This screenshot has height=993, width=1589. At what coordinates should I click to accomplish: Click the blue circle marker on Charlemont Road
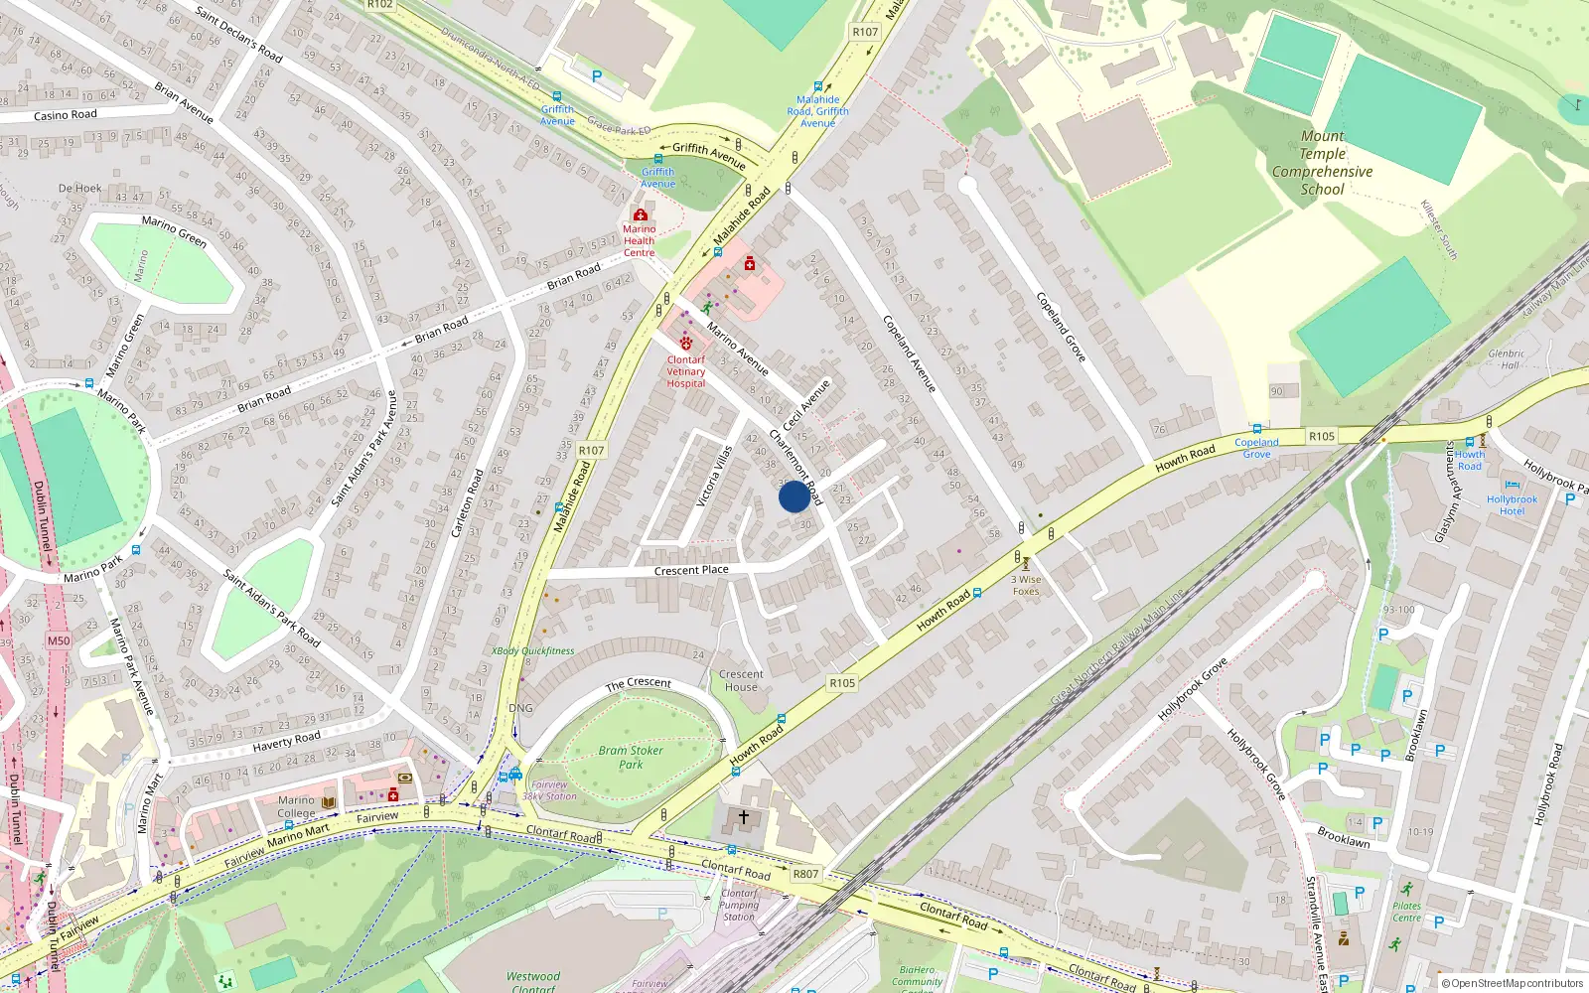click(x=794, y=496)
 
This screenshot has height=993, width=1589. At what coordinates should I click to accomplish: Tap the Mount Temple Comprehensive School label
click(x=1322, y=163)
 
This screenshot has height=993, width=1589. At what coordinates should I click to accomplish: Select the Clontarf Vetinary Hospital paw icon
click(x=685, y=343)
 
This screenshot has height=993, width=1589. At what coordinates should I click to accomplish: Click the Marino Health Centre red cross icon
click(x=640, y=214)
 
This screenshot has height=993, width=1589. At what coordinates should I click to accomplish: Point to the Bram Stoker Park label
click(x=630, y=757)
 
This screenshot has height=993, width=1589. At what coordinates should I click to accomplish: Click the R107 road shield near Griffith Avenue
click(x=865, y=32)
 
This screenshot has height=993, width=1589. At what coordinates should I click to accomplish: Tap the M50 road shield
click(x=59, y=640)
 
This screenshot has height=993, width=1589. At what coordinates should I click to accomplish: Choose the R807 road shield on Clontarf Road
click(x=805, y=874)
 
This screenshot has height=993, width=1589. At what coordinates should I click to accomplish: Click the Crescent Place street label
click(x=691, y=570)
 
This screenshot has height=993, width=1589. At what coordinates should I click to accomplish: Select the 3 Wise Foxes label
click(x=1026, y=585)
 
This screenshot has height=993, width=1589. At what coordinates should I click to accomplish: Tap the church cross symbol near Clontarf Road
click(x=743, y=816)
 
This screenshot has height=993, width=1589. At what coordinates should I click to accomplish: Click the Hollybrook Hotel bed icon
click(x=1512, y=487)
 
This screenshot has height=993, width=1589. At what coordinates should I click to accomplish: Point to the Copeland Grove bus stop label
click(x=1256, y=448)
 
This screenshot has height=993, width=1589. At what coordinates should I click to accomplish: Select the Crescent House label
click(x=741, y=680)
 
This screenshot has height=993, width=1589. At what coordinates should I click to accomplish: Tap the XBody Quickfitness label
click(x=532, y=651)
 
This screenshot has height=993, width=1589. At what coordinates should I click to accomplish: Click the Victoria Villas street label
click(x=714, y=477)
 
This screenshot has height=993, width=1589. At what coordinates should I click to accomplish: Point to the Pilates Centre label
click(x=1406, y=912)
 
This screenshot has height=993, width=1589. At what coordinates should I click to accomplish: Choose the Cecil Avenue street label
click(x=806, y=405)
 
